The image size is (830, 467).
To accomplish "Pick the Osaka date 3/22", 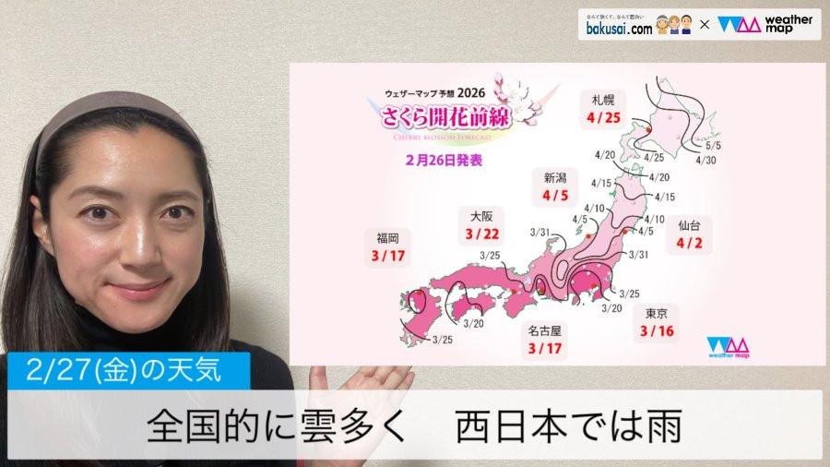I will click(482, 234).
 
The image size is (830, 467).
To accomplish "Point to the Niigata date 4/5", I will click(556, 196).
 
